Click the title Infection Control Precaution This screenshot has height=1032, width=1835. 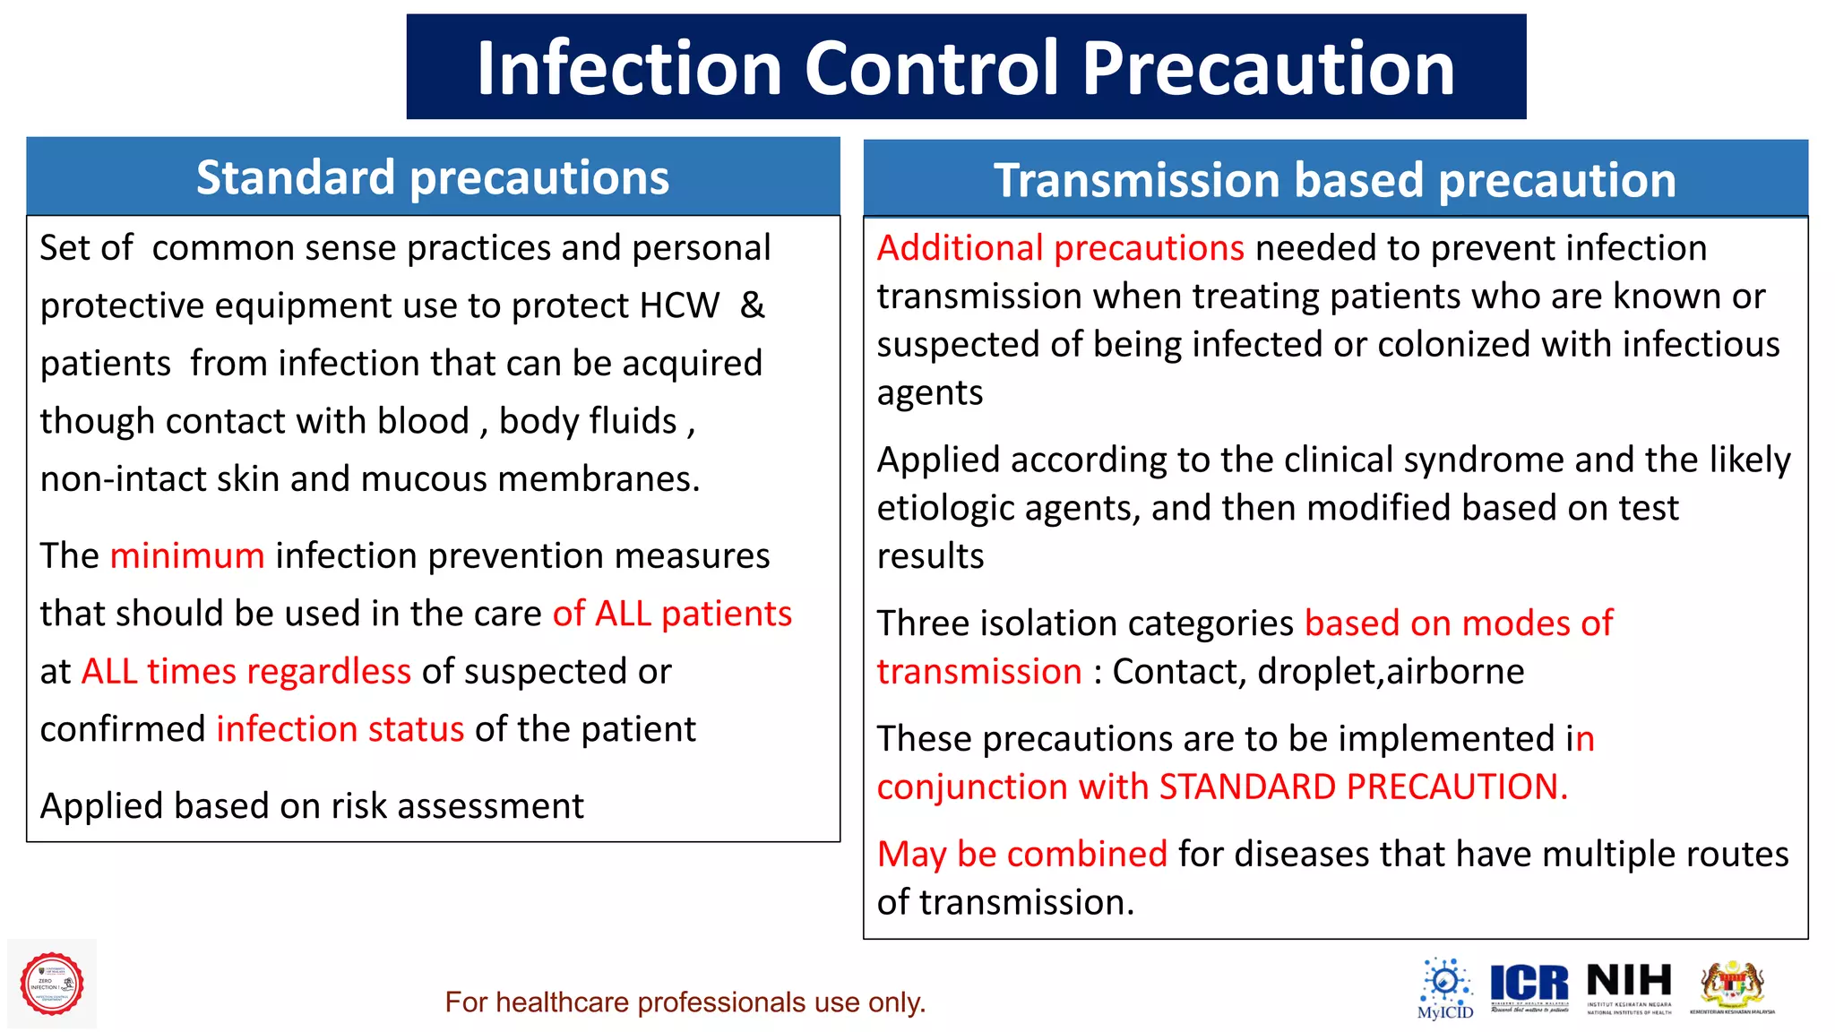pyautogui.click(x=965, y=68)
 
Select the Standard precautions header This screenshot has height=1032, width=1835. pyautogui.click(x=433, y=177)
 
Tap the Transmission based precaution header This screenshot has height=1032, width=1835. pyautogui.click(x=1335, y=180)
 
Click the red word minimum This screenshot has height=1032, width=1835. pyautogui.click(x=186, y=556)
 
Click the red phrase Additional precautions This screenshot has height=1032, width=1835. pyautogui.click(x=1060, y=248)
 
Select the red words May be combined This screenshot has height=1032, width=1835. pyautogui.click(x=1021, y=854)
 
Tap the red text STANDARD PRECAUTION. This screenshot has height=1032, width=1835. pyautogui.click(x=1362, y=787)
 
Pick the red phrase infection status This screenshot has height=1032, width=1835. pyautogui.click(x=340, y=729)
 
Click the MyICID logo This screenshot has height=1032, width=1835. pyautogui.click(x=1444, y=988)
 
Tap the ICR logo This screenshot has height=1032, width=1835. pyautogui.click(x=1529, y=986)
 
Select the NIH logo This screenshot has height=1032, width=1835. pyautogui.click(x=1629, y=986)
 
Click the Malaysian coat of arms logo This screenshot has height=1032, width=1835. pyautogui.click(x=1732, y=986)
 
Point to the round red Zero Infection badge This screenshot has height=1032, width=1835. pyautogui.click(x=52, y=984)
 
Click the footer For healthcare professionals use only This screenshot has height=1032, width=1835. pyautogui.click(x=685, y=1002)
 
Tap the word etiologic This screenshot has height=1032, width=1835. pyautogui.click(x=945, y=509)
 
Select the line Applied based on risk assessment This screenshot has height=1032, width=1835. pyautogui.click(x=312, y=806)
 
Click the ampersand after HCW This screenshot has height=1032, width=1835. pyautogui.click(x=752, y=306)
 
